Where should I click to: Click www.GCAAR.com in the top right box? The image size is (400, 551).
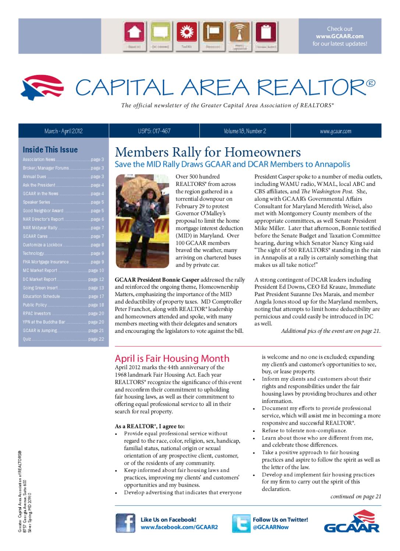[x=340, y=36]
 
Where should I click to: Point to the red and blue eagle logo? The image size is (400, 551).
[x=41, y=85]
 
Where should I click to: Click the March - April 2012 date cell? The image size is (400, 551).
[x=63, y=131]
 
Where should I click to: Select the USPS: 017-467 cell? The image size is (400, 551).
[x=154, y=131]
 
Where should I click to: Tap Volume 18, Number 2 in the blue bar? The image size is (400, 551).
[x=245, y=131]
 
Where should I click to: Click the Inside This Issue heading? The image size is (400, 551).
[x=50, y=150]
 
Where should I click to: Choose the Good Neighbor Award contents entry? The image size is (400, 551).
[x=43, y=211]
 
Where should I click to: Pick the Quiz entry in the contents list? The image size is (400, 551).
[x=27, y=339]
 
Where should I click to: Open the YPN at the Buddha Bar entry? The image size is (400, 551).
[x=44, y=322]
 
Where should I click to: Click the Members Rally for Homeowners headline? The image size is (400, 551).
[x=208, y=152]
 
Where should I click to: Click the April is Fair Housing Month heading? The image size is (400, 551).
[x=172, y=359]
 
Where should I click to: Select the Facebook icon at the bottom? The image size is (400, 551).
[x=125, y=523]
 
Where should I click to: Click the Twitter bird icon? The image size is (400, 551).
[x=241, y=523]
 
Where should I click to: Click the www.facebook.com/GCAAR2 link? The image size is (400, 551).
[x=179, y=527]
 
